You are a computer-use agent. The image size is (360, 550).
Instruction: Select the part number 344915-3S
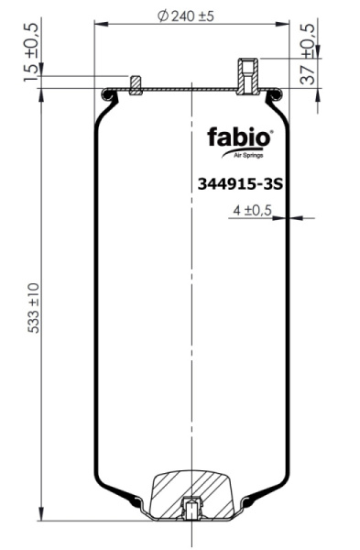tap(238, 182)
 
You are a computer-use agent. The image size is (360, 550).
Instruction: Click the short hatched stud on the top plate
tap(135, 83)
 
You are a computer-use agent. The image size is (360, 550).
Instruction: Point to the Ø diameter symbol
tap(162, 16)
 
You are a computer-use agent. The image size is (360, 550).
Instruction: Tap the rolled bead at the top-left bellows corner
tap(107, 93)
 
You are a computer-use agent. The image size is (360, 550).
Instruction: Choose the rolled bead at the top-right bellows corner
tap(275, 93)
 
